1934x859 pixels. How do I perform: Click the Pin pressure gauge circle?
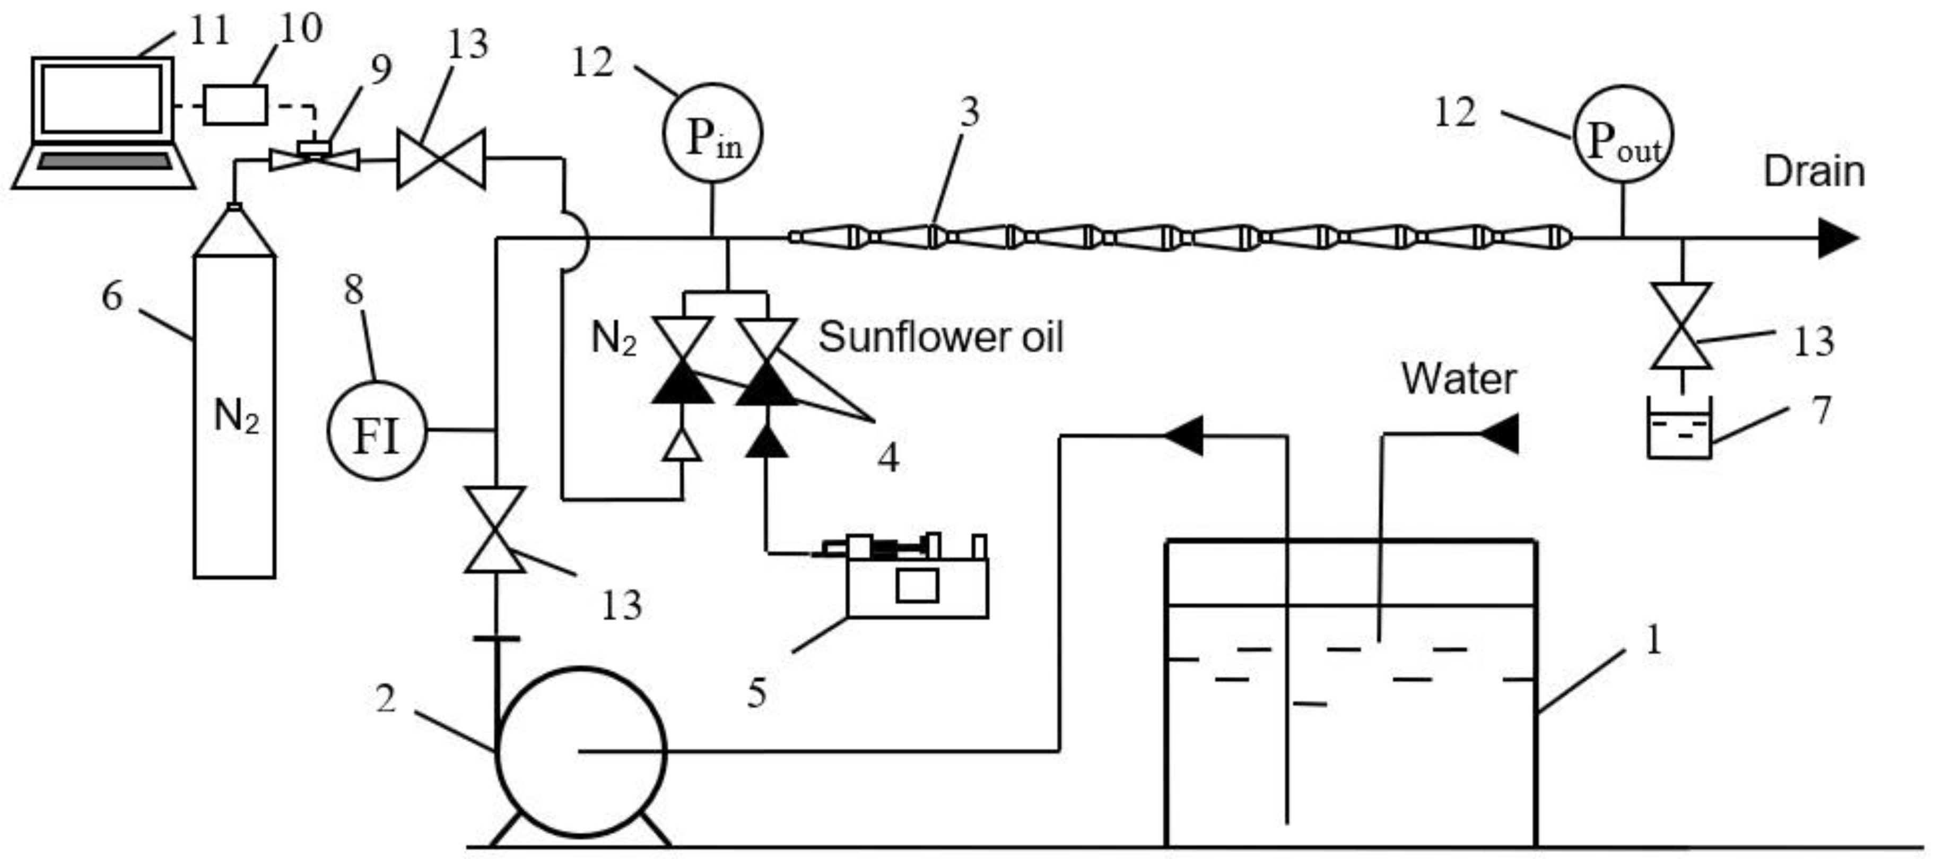coord(712,134)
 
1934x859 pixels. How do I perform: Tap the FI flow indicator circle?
coord(376,431)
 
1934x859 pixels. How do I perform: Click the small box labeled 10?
coord(235,105)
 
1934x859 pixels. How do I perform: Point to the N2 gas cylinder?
coord(234,413)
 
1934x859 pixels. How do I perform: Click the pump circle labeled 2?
coord(582,751)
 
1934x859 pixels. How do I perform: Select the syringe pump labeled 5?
coord(916,578)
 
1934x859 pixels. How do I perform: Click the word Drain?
coord(1813,172)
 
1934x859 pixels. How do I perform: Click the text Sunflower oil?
coord(940,336)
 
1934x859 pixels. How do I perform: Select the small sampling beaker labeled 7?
coord(1679,430)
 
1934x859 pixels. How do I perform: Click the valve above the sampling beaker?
coord(1681,326)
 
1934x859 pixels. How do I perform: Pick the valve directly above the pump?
coord(495,530)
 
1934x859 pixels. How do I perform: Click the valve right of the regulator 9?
coord(441,159)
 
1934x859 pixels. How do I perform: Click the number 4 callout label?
coord(888,456)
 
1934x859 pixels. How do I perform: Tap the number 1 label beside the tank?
coord(1653,640)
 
